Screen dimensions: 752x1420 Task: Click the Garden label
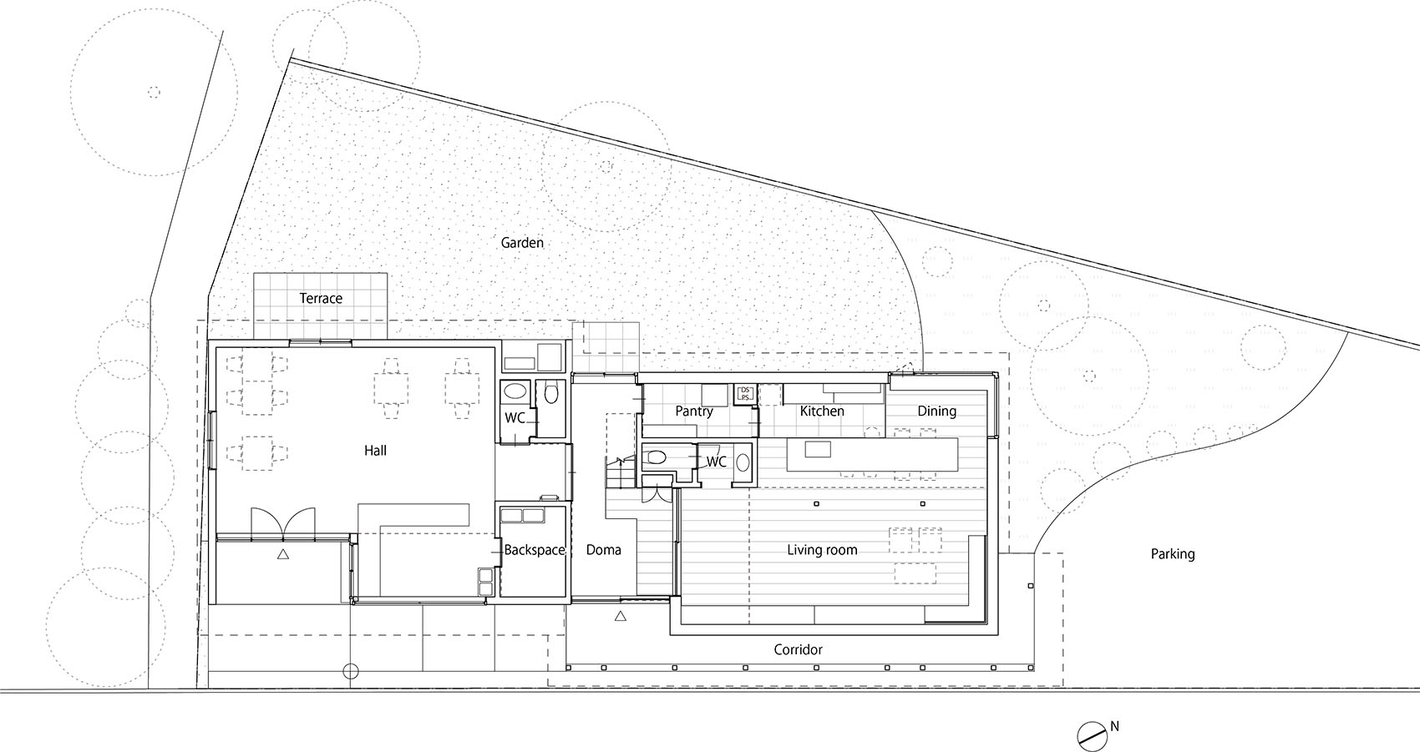click(x=522, y=243)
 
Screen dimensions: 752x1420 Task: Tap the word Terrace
click(x=321, y=298)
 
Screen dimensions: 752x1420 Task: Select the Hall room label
click(x=375, y=451)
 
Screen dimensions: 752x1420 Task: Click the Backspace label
click(x=535, y=550)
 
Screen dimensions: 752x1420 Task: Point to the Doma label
click(x=603, y=550)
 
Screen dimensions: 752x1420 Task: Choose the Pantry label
click(x=694, y=411)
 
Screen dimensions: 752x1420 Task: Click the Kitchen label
click(x=822, y=411)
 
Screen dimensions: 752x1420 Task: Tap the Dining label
click(x=936, y=411)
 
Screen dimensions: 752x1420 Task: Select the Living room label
click(x=822, y=549)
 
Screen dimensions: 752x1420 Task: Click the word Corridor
click(x=798, y=649)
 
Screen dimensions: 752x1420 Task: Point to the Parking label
click(x=1172, y=553)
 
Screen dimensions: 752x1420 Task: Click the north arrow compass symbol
click(x=1090, y=734)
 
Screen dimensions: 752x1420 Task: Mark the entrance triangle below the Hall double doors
click(x=283, y=553)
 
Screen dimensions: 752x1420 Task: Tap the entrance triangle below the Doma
click(x=620, y=617)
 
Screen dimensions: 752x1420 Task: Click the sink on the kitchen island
click(x=819, y=450)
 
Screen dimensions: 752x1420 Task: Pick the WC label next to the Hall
click(x=515, y=417)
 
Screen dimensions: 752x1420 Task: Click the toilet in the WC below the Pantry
click(x=657, y=457)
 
